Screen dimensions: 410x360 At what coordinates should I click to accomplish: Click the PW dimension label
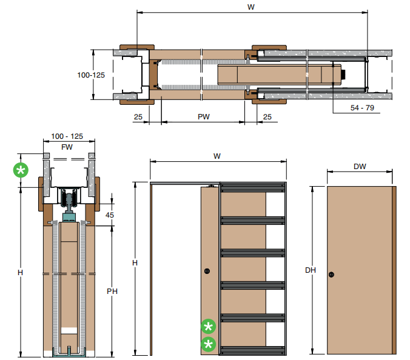click(204, 116)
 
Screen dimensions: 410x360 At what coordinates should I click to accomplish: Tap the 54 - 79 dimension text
click(362, 108)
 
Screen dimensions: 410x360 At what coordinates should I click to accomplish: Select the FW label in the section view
click(67, 147)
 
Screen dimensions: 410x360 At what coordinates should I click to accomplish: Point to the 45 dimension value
click(110, 215)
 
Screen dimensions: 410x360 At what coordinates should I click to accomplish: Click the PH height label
click(112, 292)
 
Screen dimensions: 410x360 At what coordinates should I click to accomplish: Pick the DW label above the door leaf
click(360, 167)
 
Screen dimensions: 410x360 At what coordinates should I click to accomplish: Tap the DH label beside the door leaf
click(311, 270)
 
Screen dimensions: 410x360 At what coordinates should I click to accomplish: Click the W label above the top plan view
click(251, 7)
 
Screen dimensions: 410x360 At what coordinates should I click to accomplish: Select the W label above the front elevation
click(217, 156)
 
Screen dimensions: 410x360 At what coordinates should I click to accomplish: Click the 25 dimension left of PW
click(138, 117)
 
